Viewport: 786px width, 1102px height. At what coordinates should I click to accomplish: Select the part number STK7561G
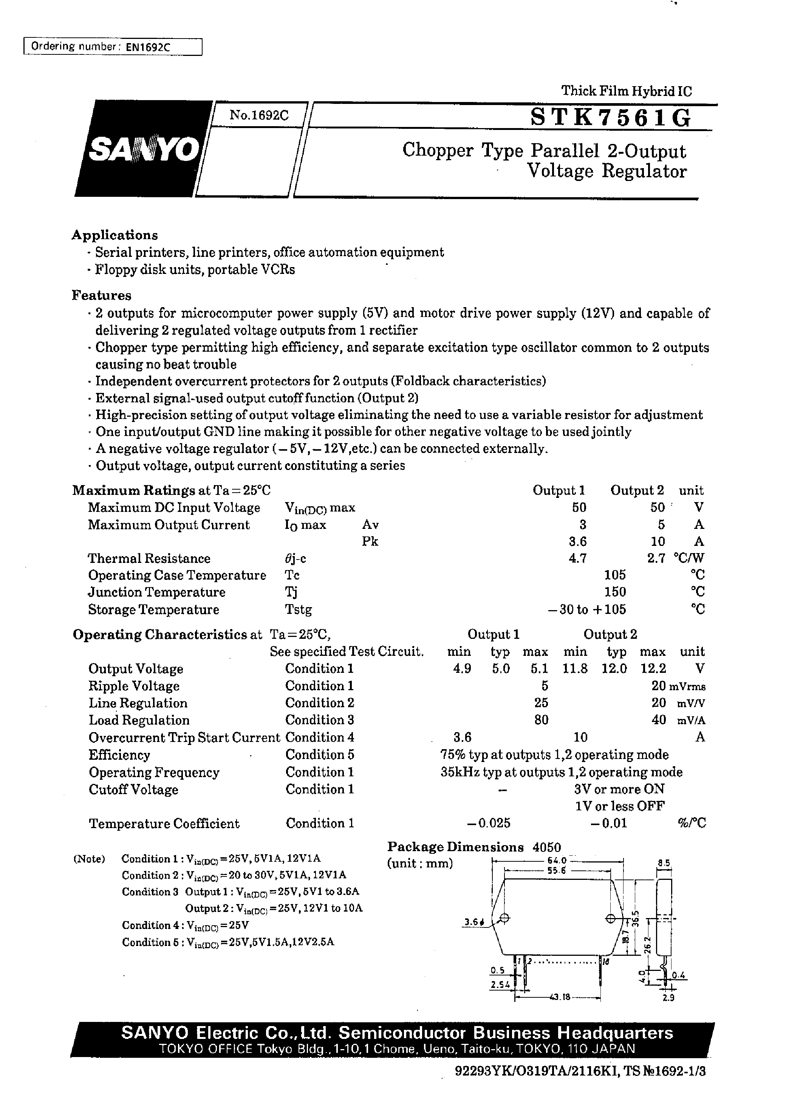[611, 117]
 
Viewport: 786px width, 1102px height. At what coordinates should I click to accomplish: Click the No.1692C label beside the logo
[259, 115]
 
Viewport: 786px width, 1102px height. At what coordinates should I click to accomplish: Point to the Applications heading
[115, 235]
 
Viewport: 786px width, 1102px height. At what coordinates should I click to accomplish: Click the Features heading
[101, 295]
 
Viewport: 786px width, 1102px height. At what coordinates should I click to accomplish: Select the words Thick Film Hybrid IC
[626, 91]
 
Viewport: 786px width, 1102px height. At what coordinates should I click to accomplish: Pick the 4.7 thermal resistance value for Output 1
[577, 558]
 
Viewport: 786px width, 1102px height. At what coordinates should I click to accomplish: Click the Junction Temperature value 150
[615, 592]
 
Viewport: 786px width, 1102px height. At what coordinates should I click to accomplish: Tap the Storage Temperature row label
[153, 609]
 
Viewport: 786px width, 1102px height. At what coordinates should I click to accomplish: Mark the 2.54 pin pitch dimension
[500, 985]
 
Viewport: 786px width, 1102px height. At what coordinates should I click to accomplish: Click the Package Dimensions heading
[455, 847]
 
